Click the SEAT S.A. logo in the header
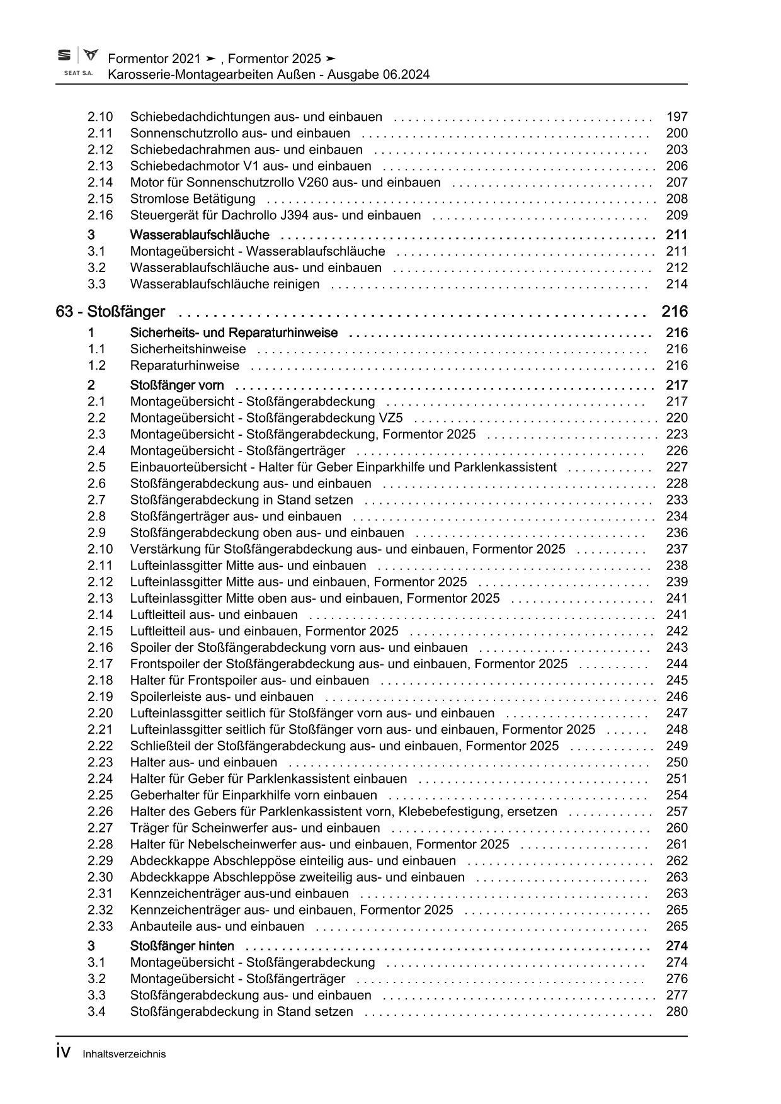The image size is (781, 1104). pyautogui.click(x=78, y=62)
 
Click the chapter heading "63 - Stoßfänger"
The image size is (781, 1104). pyautogui.click(x=110, y=312)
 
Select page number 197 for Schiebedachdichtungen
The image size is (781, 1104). pyautogui.click(x=676, y=117)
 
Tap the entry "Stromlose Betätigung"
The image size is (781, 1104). pyautogui.click(x=193, y=199)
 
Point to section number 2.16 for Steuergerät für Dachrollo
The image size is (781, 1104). pyautogui.click(x=100, y=215)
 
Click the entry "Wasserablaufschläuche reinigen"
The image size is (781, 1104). pyautogui.click(x=224, y=284)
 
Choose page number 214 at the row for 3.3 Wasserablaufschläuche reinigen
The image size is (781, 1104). pyautogui.click(x=676, y=284)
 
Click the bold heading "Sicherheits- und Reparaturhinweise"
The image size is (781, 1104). pyautogui.click(x=234, y=333)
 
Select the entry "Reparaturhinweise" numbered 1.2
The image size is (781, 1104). pyautogui.click(x=185, y=365)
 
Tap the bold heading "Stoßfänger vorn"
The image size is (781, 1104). pyautogui.click(x=177, y=385)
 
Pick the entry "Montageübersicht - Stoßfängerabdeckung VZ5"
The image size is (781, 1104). pyautogui.click(x=266, y=418)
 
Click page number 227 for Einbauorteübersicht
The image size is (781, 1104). pyautogui.click(x=676, y=467)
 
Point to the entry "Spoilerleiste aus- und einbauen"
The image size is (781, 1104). pyautogui.click(x=222, y=697)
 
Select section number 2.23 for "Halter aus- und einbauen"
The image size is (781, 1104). pyautogui.click(x=100, y=762)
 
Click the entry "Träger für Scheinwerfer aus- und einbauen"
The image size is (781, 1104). pyautogui.click(x=255, y=828)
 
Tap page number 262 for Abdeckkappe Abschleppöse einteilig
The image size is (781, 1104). pyautogui.click(x=676, y=860)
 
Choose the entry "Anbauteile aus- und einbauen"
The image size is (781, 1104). pyautogui.click(x=217, y=926)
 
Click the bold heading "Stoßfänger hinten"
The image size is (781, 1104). pyautogui.click(x=182, y=946)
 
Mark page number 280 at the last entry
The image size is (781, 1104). pyautogui.click(x=676, y=1011)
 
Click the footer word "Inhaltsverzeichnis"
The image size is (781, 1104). pyautogui.click(x=124, y=1054)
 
